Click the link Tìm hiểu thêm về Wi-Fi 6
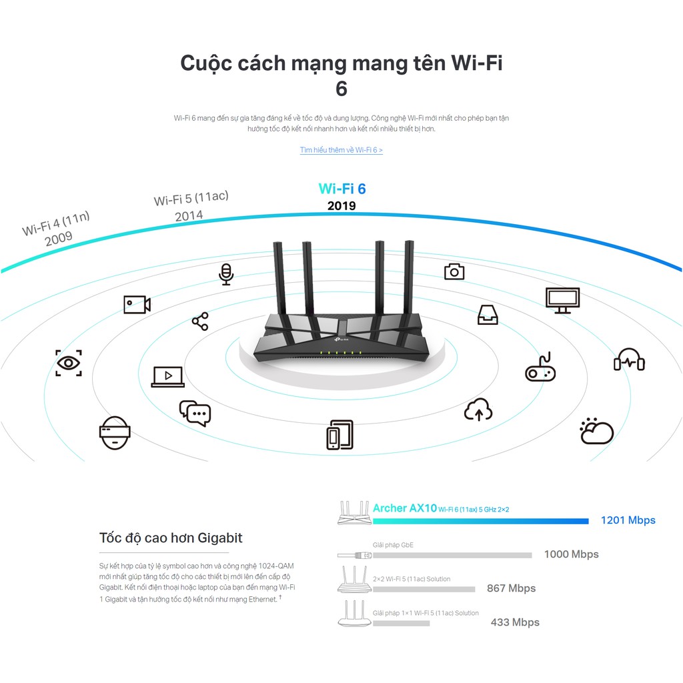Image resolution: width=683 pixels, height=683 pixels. (341, 150)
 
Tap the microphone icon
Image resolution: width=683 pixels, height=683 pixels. (227, 274)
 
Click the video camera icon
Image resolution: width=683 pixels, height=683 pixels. (137, 304)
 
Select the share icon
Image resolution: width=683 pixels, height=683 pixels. (200, 321)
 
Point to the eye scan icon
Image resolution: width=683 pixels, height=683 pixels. (68, 363)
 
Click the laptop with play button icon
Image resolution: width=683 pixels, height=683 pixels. (168, 377)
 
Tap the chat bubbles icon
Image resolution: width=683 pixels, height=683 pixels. (195, 413)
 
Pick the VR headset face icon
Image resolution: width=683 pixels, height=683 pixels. (115, 432)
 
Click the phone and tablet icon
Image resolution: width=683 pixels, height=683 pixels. (339, 434)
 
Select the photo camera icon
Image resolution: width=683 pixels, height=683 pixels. (454, 271)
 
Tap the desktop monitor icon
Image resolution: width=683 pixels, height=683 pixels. (562, 300)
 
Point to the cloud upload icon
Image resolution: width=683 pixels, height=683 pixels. (478, 410)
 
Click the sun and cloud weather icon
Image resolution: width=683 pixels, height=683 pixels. (596, 432)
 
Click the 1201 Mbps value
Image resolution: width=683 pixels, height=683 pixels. (628, 520)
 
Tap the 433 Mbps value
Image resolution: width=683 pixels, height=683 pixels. (515, 622)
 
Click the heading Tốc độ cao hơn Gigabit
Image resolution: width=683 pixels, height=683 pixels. (171, 538)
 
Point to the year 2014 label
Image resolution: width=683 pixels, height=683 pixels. (189, 215)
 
